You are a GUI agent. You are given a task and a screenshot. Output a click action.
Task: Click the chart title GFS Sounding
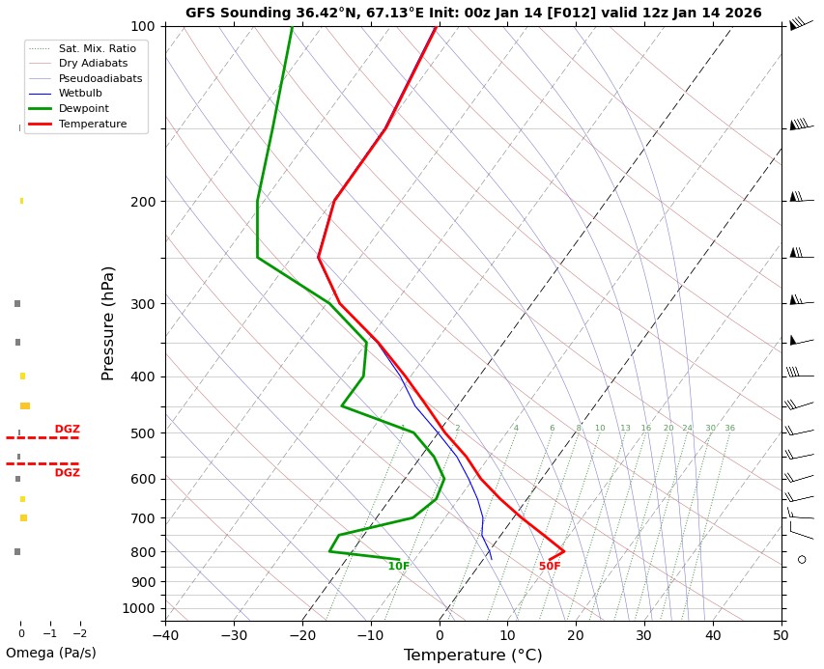[x=473, y=14]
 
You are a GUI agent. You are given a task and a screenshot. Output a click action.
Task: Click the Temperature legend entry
[x=92, y=125]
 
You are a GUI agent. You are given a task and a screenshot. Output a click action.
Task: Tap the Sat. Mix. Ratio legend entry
[x=97, y=48]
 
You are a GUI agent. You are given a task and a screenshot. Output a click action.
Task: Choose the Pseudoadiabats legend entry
[x=99, y=78]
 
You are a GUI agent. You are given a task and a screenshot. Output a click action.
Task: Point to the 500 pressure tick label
[x=143, y=433]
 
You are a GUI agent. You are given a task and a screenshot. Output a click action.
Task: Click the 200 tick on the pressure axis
[x=143, y=202]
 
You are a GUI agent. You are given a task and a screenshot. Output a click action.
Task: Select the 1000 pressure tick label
[x=139, y=608]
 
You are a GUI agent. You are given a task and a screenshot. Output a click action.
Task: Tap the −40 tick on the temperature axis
[x=165, y=635]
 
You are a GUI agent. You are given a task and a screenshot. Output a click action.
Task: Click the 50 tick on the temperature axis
[x=781, y=635]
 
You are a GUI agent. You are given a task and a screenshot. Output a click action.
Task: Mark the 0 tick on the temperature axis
[x=440, y=635]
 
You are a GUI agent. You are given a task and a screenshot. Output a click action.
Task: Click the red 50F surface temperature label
[x=550, y=567]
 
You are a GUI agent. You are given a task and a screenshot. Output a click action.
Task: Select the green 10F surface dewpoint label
[x=399, y=567]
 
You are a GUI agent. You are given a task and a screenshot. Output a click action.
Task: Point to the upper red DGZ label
[x=67, y=430]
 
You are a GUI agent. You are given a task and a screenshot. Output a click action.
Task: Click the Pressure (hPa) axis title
[x=108, y=322]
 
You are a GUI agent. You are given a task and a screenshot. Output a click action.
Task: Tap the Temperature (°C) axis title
[x=472, y=655]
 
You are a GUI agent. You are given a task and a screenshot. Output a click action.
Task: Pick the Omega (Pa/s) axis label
[x=51, y=654]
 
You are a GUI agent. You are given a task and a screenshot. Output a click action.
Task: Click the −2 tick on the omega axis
[x=79, y=634]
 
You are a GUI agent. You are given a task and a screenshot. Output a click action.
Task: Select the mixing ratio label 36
[x=729, y=429]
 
